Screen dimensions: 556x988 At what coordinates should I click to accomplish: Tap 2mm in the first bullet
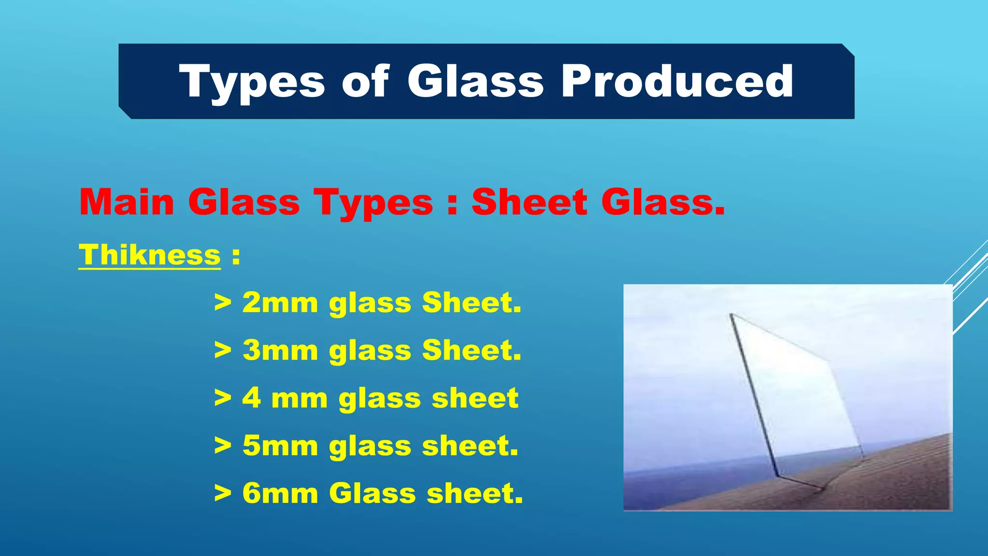[280, 303]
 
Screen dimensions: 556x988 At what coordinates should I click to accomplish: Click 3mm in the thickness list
[280, 350]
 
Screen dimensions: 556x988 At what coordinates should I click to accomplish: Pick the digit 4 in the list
[252, 398]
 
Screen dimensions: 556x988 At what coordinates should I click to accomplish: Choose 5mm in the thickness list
[280, 445]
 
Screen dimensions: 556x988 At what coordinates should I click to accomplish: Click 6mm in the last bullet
[280, 493]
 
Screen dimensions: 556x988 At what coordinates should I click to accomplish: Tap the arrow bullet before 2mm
[222, 303]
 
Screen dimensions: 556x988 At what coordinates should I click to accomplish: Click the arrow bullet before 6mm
[222, 493]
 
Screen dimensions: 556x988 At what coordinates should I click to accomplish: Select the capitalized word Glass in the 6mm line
[372, 493]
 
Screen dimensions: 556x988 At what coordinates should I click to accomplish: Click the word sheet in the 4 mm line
[475, 398]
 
